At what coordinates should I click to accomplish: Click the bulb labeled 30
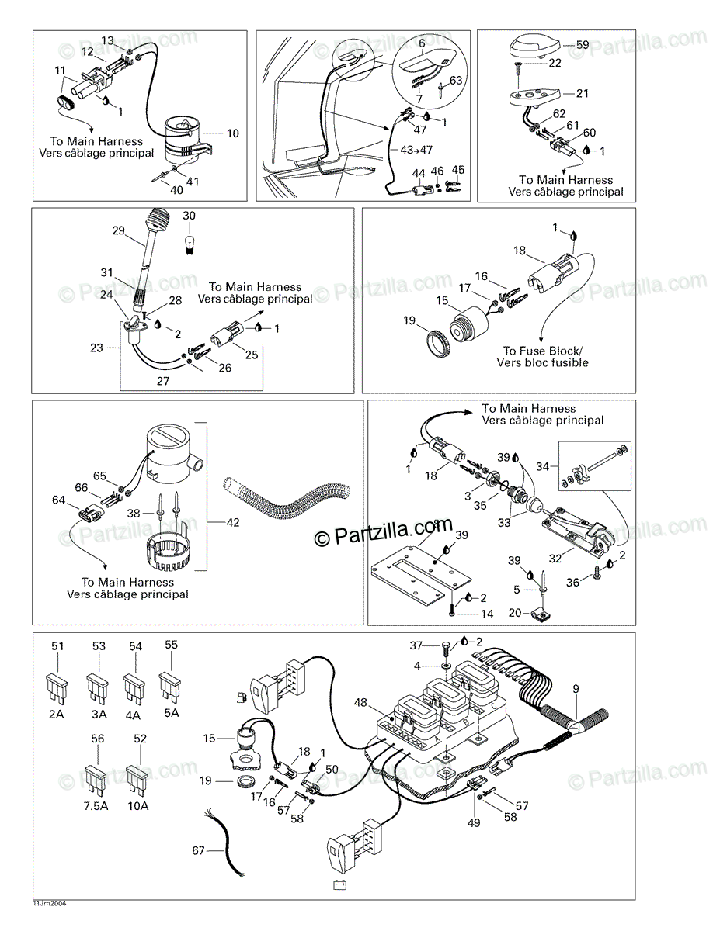tap(187, 244)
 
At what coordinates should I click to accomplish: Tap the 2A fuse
tap(57, 690)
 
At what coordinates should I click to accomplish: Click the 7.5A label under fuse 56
tap(97, 805)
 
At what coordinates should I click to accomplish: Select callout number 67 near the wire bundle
tap(198, 851)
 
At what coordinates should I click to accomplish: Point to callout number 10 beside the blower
tap(233, 133)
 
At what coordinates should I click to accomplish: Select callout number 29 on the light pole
tap(118, 230)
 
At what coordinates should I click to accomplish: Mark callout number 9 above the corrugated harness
tap(576, 688)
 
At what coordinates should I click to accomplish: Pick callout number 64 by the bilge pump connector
tap(57, 500)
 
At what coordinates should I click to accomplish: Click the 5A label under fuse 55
tap(172, 712)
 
